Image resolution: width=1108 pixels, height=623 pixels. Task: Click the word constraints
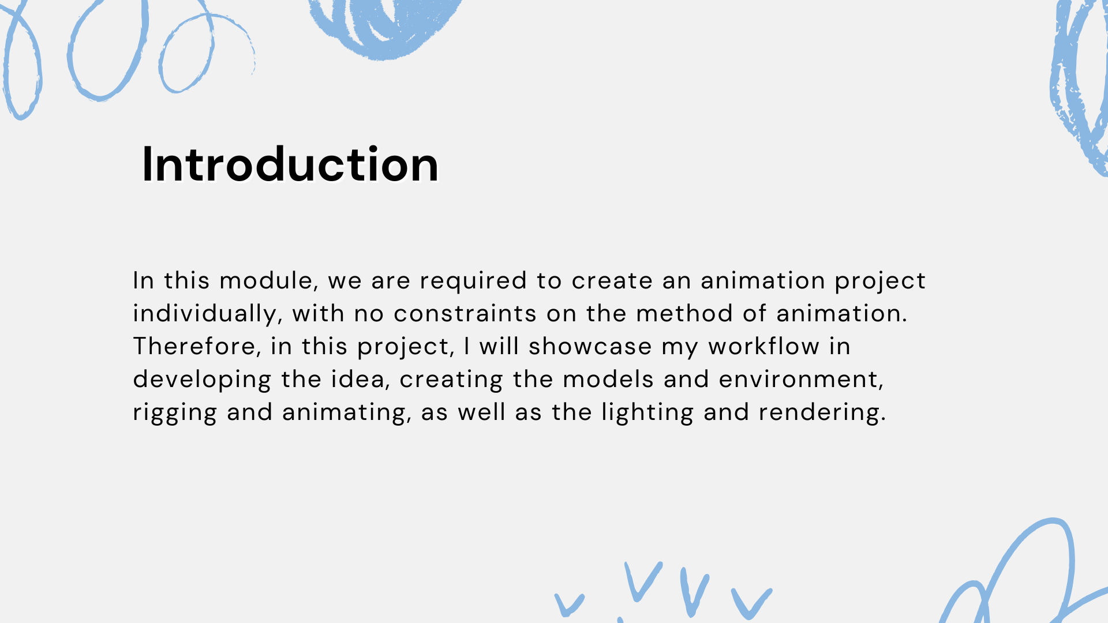click(x=465, y=314)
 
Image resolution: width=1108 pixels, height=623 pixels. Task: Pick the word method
click(x=684, y=313)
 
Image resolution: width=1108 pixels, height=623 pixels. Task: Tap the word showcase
click(x=590, y=347)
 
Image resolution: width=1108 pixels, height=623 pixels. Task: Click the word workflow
click(x=764, y=347)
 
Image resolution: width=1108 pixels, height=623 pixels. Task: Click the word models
click(x=608, y=380)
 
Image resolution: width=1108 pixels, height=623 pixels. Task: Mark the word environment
click(x=801, y=380)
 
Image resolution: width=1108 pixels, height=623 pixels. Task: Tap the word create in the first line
click(x=612, y=282)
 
